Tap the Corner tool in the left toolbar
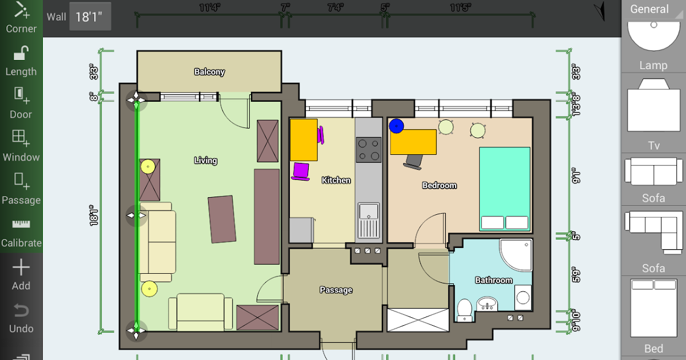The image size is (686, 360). coord(21,17)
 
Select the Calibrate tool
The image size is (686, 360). coord(21,233)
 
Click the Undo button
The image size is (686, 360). coord(21,318)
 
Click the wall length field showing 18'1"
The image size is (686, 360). coord(90,17)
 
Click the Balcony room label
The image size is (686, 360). coord(209,71)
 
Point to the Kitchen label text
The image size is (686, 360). coord(336,181)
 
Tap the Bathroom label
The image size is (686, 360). coord(494,280)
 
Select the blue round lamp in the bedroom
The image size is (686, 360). coord(397,126)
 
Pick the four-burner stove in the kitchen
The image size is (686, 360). coord(369,150)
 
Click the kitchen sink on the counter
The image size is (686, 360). coord(369,221)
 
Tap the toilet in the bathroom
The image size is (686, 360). coord(465,310)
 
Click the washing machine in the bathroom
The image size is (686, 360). coord(523,298)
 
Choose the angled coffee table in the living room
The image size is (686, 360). coord(222,219)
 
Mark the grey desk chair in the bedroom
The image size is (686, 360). coord(413,162)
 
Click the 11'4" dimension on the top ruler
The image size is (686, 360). coord(209,7)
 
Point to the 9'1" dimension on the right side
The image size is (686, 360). coord(576,176)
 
